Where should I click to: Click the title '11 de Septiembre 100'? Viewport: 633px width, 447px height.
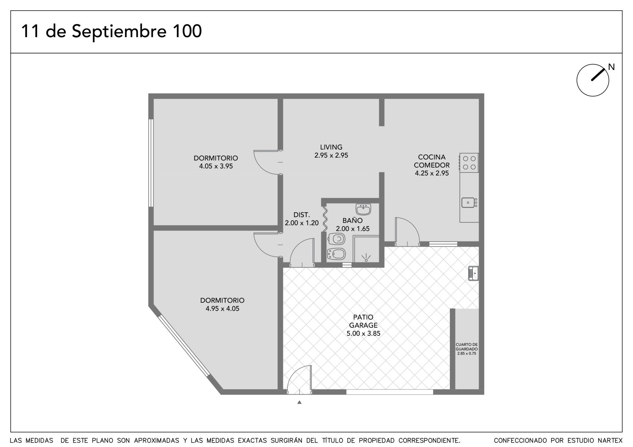[111, 31]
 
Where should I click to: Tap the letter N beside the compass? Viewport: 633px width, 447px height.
[611, 67]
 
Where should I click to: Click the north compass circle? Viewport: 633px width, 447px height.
[593, 80]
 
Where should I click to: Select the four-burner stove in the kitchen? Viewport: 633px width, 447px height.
[469, 163]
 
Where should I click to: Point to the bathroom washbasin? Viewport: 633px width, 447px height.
[363, 209]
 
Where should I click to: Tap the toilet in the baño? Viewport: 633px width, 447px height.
[336, 239]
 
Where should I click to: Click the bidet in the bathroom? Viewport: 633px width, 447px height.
[336, 254]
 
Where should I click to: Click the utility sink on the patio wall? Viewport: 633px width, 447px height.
[473, 273]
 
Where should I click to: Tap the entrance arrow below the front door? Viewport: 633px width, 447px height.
[299, 402]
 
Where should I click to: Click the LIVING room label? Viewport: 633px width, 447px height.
[331, 147]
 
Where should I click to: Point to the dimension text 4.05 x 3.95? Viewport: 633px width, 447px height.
[216, 166]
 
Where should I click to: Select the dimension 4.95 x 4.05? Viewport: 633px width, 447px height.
[222, 309]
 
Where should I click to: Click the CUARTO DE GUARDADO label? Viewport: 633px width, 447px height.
[466, 347]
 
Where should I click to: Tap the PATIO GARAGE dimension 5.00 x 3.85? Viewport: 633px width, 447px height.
[364, 334]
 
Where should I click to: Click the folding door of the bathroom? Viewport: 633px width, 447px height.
[325, 219]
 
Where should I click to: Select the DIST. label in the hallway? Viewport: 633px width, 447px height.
[301, 215]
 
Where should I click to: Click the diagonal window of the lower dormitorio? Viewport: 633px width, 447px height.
[184, 346]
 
